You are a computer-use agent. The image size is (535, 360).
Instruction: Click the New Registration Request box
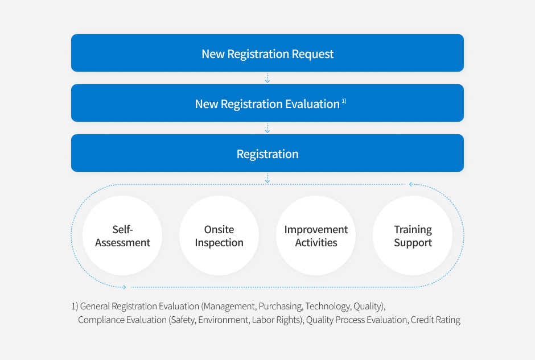tap(267, 53)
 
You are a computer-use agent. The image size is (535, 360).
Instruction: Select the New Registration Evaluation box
tap(267, 103)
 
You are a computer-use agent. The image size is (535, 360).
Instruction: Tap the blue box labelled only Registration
tap(267, 153)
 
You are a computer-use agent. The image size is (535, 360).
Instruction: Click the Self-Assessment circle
tap(122, 235)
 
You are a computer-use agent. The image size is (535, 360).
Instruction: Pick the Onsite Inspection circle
tap(219, 235)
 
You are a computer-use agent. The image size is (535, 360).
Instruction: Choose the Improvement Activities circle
tap(316, 235)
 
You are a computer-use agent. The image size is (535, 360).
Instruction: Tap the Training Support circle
tap(413, 235)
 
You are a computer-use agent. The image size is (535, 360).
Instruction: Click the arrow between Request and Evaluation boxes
tap(267, 78)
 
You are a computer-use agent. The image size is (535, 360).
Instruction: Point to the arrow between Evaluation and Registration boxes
tap(267, 128)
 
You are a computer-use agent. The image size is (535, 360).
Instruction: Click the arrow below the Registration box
tap(267, 178)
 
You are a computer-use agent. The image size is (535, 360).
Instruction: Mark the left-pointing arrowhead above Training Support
tap(411, 184)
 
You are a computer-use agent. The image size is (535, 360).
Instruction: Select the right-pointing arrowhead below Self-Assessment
tap(125, 287)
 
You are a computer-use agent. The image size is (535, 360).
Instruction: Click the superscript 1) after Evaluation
tap(344, 101)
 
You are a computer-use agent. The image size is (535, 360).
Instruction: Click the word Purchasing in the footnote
tap(281, 307)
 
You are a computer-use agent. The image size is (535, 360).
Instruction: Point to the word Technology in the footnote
tap(328, 307)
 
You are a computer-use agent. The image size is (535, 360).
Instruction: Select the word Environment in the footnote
tap(224, 320)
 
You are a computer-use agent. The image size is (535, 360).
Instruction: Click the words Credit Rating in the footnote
tap(435, 320)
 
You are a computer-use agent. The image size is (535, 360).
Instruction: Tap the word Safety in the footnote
tap(183, 320)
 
